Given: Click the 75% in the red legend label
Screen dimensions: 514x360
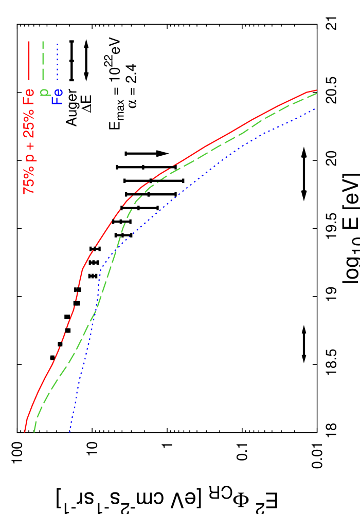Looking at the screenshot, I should click(x=29, y=181).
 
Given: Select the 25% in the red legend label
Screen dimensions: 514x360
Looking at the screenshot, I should click(x=29, y=122).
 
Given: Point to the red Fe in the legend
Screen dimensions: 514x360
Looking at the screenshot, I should click(x=29, y=98).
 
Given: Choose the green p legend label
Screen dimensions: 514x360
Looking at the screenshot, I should click(x=45, y=93).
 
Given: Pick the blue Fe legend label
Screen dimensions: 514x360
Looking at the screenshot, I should click(x=58, y=97).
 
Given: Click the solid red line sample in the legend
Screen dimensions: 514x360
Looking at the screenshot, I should click(x=29, y=60).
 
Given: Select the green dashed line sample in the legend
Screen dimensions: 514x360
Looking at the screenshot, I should click(x=43, y=60).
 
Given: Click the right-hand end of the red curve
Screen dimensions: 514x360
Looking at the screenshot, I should click(x=316, y=90).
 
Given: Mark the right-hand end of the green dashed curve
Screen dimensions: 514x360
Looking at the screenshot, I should click(x=316, y=93).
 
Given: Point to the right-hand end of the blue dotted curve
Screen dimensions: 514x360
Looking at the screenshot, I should click(x=314, y=109).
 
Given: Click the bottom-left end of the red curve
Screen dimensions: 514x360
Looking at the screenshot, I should click(x=25, y=432).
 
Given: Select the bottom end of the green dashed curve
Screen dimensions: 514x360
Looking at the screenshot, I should click(x=34, y=432).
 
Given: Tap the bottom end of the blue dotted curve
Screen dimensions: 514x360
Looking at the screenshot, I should click(x=69, y=432).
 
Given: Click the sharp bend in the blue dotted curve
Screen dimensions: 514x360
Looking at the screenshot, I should click(x=101, y=269).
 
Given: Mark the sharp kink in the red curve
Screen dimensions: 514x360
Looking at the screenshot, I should click(x=82, y=269).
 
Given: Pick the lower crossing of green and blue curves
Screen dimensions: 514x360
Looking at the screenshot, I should click(x=96, y=308).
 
